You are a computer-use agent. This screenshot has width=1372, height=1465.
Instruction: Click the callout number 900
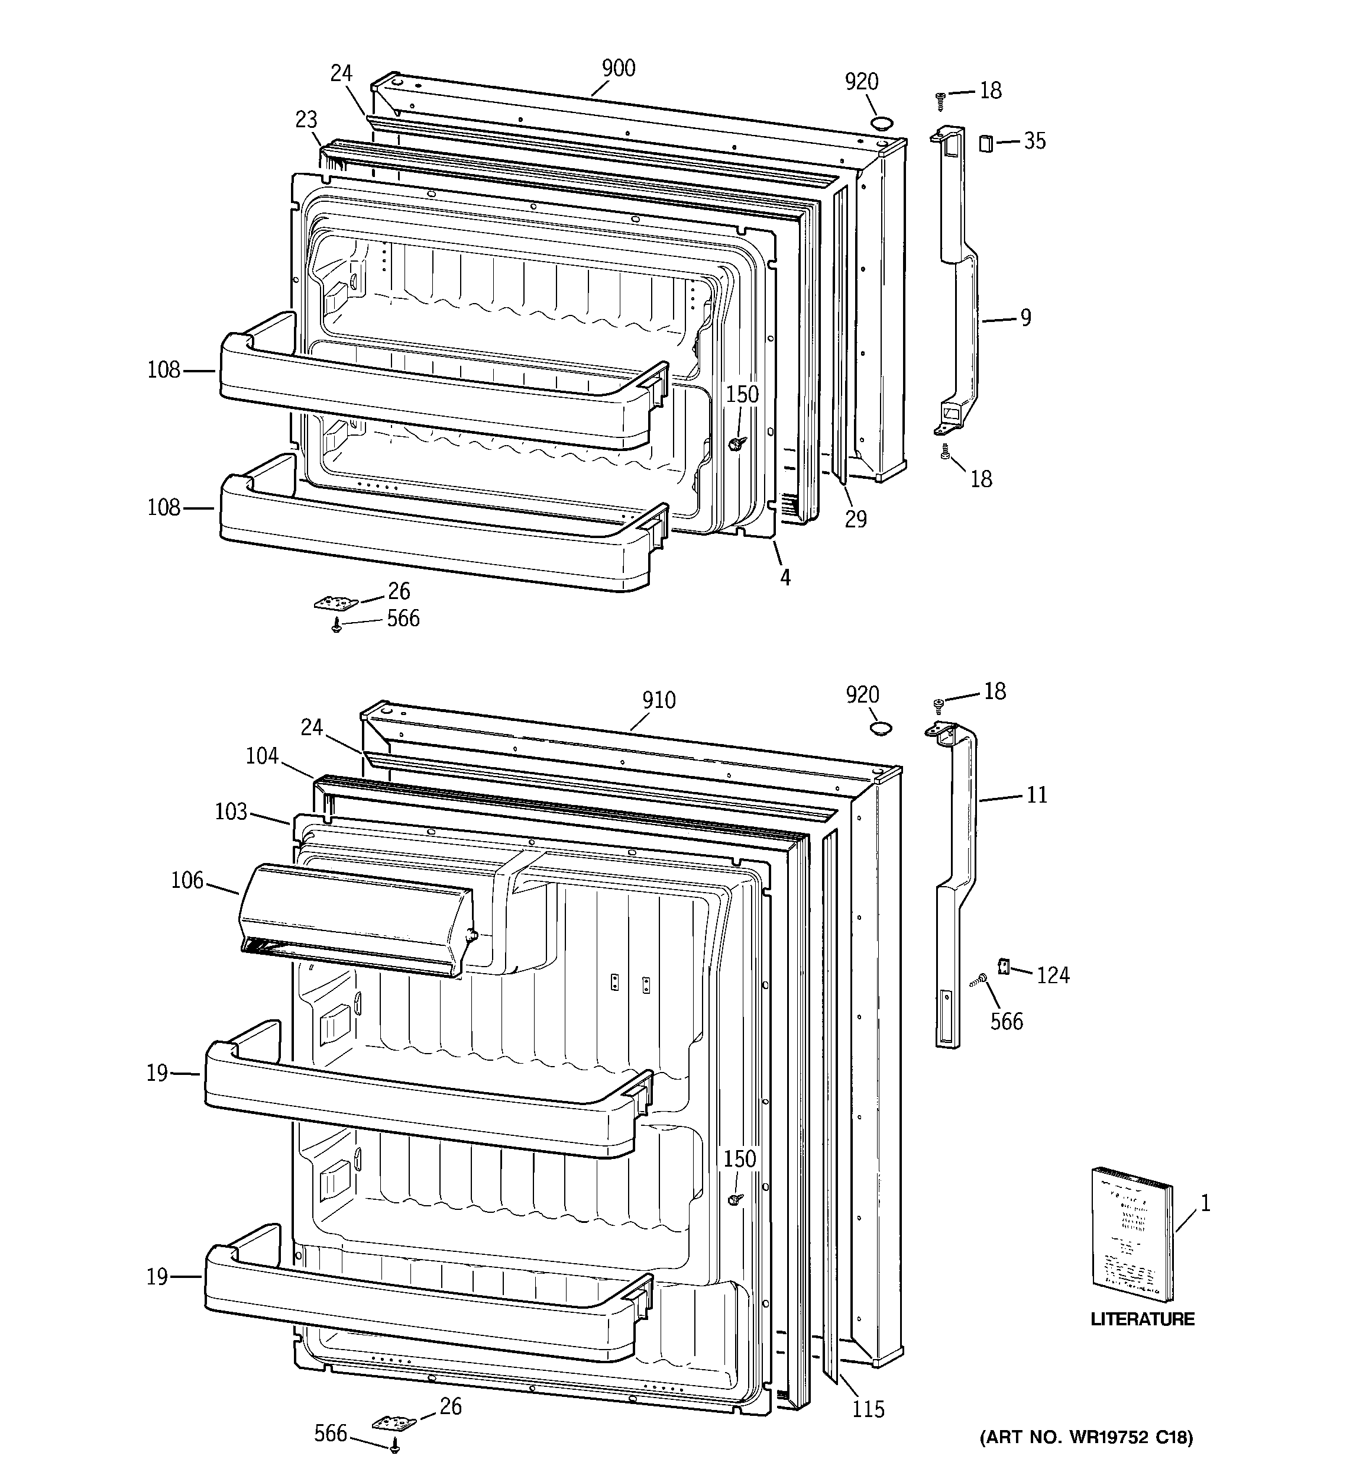(618, 69)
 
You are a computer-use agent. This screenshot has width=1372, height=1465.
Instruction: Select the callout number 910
(658, 700)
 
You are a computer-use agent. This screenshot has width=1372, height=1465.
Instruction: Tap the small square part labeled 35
(985, 143)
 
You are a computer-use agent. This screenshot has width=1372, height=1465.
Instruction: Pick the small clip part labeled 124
(1002, 965)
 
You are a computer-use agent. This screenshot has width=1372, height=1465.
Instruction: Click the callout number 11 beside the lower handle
(1036, 795)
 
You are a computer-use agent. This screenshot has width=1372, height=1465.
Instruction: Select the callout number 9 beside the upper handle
(1025, 318)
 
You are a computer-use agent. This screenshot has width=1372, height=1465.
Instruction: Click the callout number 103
(231, 812)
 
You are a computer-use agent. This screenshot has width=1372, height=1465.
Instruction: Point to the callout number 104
(262, 756)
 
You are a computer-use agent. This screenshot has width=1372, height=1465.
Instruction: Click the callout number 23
(306, 120)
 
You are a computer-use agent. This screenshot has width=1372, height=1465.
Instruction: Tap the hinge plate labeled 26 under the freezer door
(336, 604)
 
